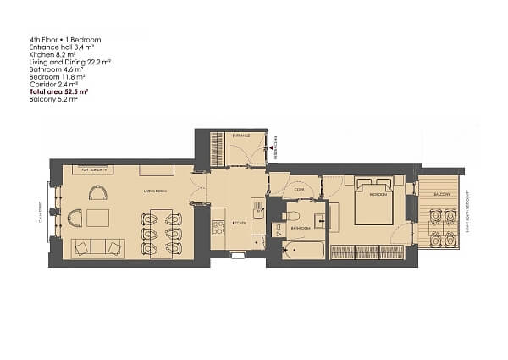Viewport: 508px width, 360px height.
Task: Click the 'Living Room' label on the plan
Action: click(153, 190)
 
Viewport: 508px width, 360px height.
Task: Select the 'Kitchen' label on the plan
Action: click(240, 222)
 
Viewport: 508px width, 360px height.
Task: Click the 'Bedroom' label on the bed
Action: click(378, 196)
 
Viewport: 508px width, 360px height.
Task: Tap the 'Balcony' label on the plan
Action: click(441, 194)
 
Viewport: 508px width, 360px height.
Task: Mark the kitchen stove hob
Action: click(257, 207)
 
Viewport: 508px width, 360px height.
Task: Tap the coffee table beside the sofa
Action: click(97, 217)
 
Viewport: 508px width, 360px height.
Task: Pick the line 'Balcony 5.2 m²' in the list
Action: click(53, 98)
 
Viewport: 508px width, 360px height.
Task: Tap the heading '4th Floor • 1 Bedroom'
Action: click(65, 40)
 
